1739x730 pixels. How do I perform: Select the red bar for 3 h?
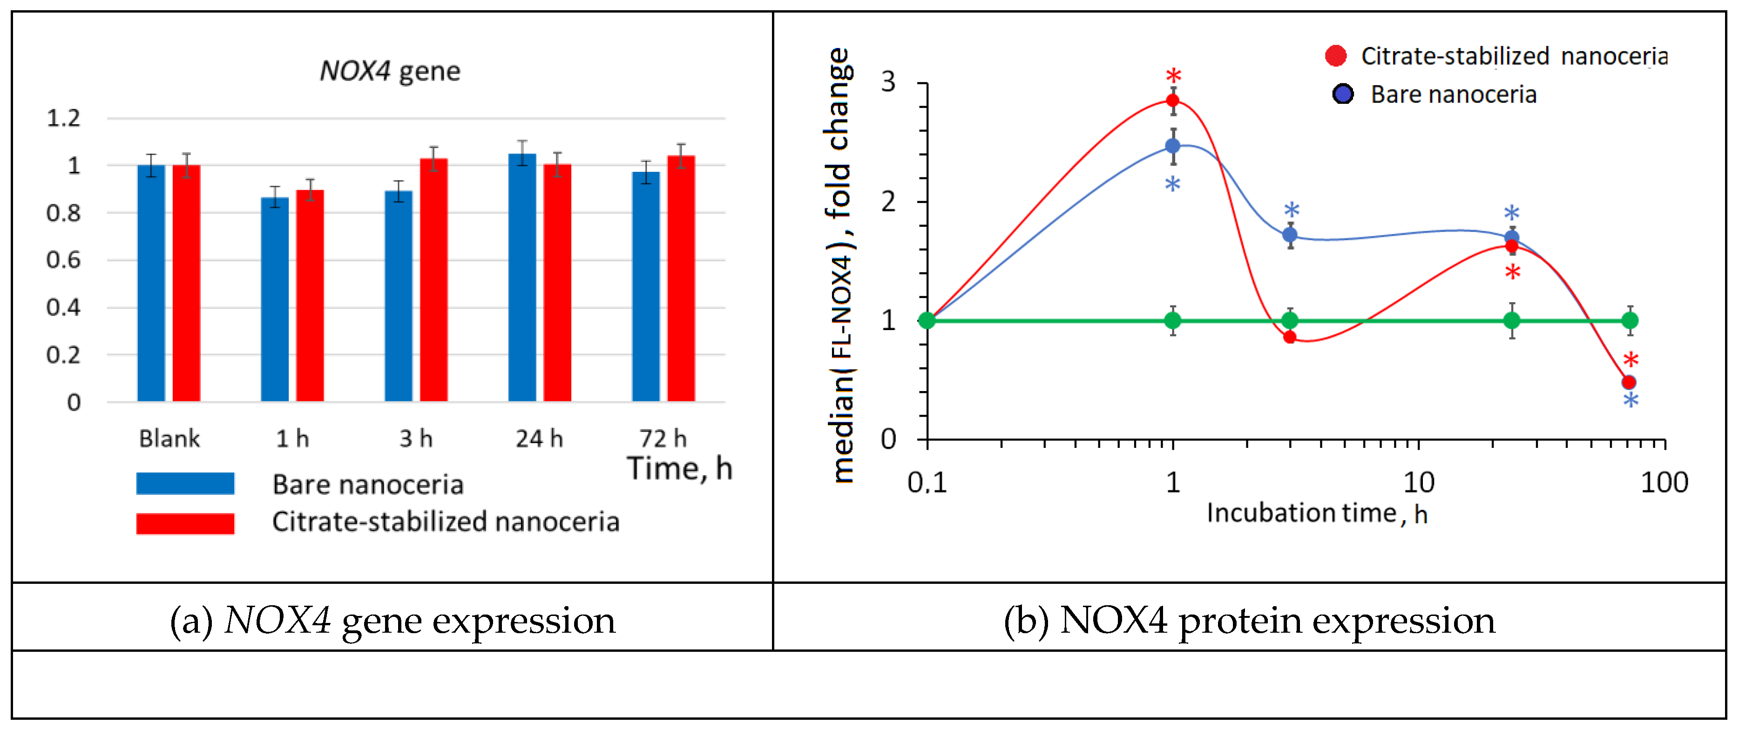tap(433, 280)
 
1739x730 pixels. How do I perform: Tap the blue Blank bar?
tap(151, 284)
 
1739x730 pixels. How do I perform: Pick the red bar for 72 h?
tap(681, 278)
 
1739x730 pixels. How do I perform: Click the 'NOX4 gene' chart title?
tap(390, 71)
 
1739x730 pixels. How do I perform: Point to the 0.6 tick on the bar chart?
tap(63, 260)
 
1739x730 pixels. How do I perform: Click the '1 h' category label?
tap(292, 439)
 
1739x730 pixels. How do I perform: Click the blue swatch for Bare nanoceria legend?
tap(185, 484)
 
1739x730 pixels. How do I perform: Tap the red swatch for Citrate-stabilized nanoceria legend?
tap(185, 523)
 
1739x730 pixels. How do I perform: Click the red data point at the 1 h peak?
tap(1173, 101)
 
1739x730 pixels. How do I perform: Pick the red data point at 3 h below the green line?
tap(1289, 337)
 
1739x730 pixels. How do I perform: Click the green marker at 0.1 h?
tap(927, 320)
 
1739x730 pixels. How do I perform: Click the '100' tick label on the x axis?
tap(1664, 483)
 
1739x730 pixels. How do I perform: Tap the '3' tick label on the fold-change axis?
tap(888, 82)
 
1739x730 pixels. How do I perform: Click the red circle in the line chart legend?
tap(1335, 56)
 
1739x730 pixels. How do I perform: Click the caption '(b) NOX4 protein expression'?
tap(1249, 620)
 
